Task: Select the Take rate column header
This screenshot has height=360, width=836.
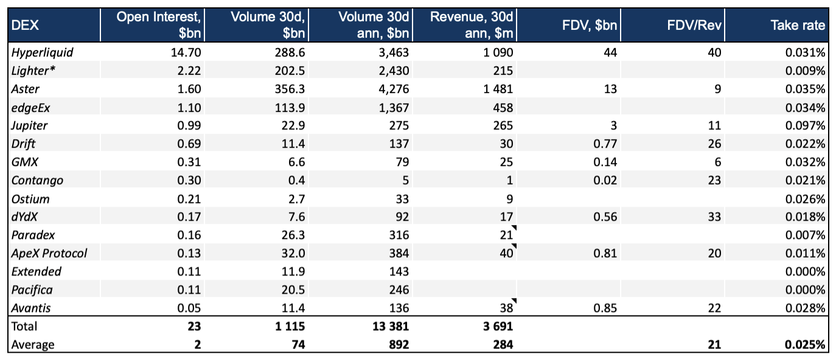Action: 798,25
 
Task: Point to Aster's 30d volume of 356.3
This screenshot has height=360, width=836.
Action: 288,89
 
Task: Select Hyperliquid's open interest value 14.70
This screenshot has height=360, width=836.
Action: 186,53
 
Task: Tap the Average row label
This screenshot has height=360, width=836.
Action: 33,345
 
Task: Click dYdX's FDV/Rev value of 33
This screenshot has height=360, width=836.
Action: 714,217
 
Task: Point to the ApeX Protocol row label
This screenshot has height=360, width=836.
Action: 49,254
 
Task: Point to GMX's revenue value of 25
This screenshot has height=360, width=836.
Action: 506,162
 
